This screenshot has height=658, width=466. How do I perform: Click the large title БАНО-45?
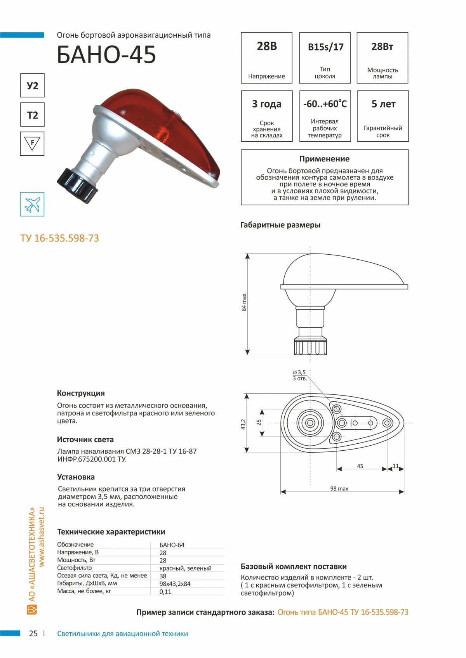tap(106, 54)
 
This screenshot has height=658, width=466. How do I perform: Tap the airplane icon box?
tap(32, 204)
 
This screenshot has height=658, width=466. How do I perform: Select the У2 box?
tap(32, 85)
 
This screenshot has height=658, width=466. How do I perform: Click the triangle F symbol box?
tap(32, 144)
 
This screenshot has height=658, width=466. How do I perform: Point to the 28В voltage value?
tap(267, 47)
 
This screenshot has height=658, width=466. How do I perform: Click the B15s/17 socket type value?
tap(325, 47)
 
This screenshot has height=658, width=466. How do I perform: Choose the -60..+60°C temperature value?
tap(325, 104)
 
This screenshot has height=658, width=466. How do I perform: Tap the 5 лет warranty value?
tap(383, 104)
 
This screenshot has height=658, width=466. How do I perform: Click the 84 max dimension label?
tap(244, 302)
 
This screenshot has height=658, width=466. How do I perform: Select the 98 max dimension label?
tap(339, 489)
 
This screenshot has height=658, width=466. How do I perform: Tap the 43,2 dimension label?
tap(243, 424)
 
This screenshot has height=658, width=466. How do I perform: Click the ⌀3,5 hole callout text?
tap(299, 372)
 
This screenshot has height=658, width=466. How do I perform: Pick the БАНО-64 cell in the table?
tap(172, 545)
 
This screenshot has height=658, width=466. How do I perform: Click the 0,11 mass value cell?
tap(165, 592)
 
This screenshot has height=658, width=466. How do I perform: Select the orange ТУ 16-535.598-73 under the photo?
tap(60, 238)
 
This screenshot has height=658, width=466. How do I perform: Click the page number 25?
tap(33, 634)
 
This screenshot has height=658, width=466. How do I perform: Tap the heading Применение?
tap(324, 159)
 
